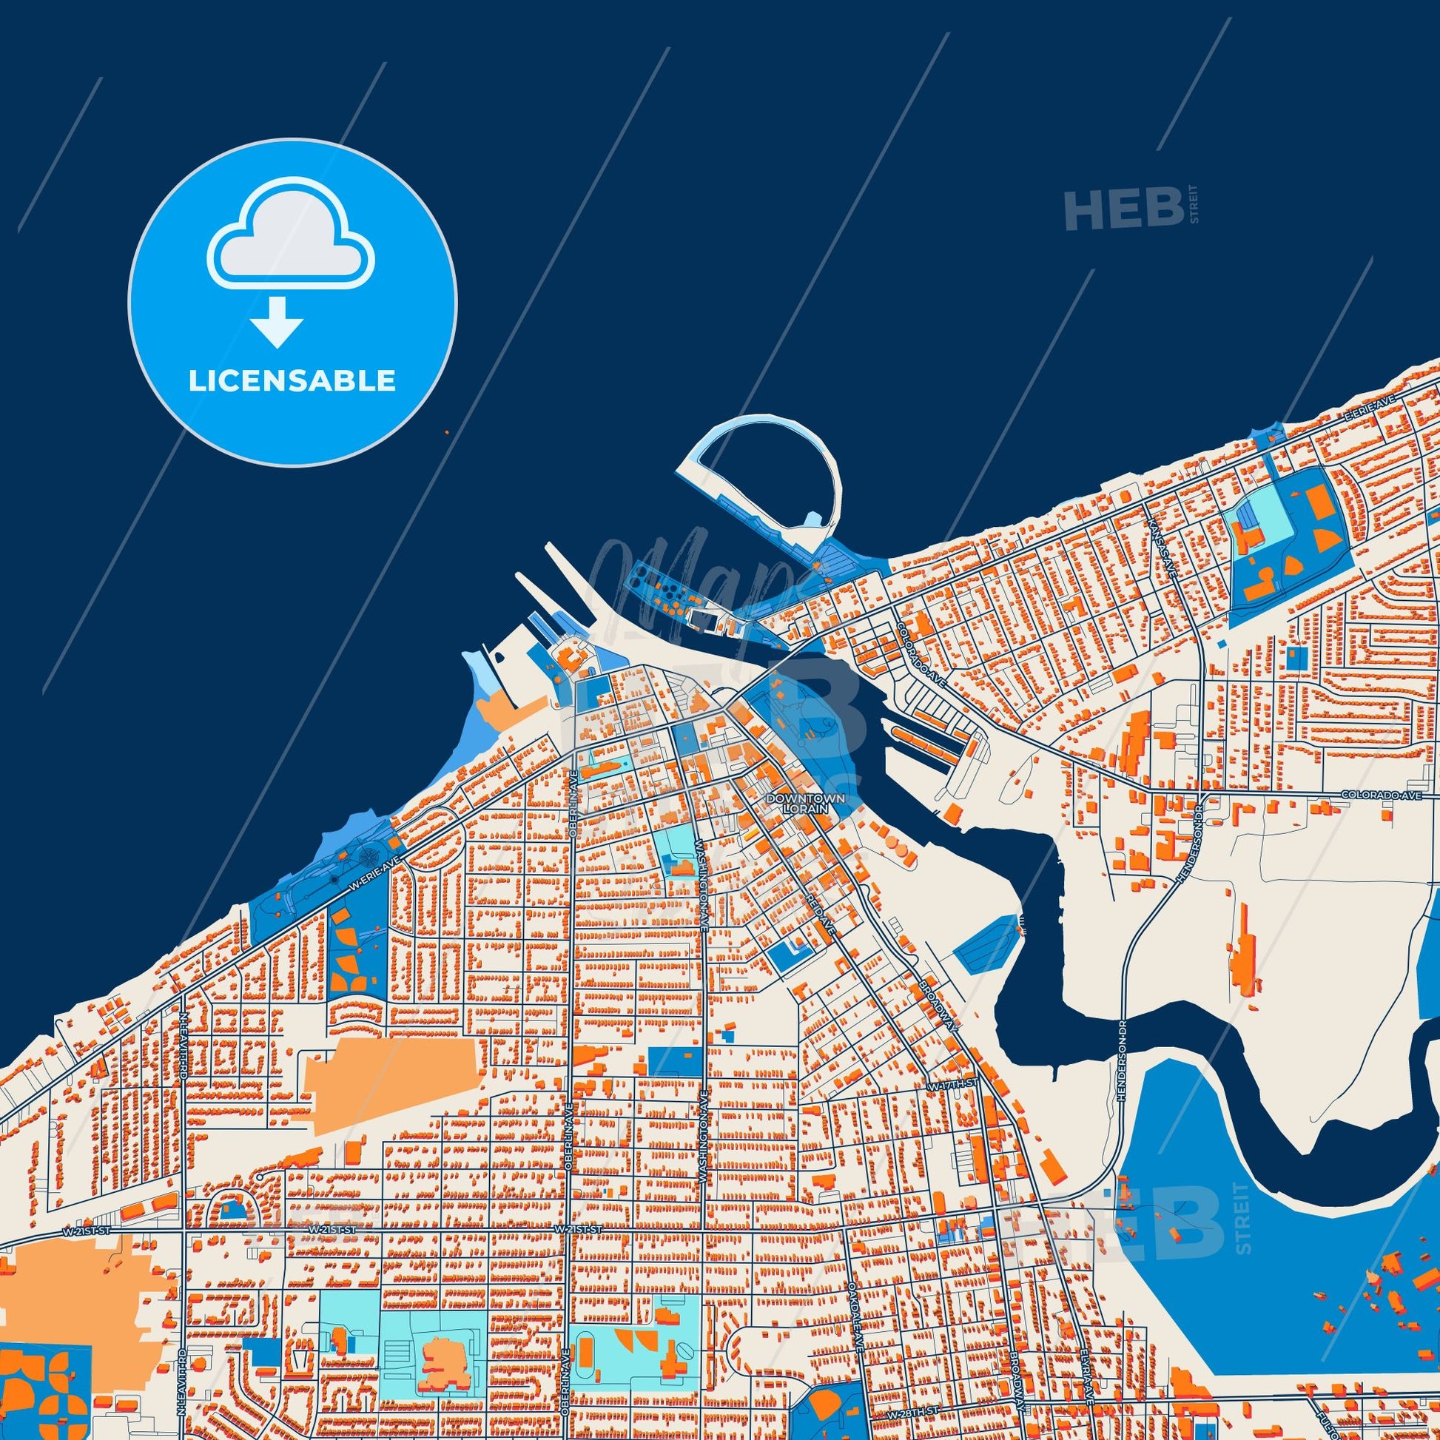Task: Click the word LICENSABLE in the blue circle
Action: [292, 381]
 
